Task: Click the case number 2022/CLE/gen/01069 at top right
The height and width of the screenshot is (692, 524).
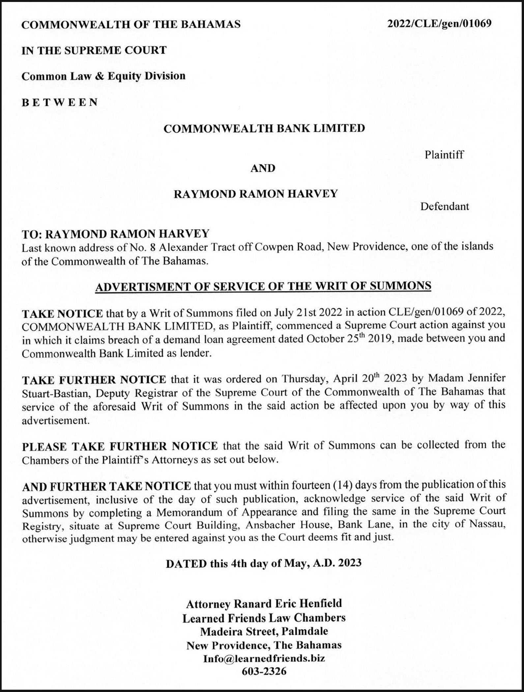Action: pos(439,24)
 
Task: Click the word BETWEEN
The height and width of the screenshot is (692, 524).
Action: pos(60,102)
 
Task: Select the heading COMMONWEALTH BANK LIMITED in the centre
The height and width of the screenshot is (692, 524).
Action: pos(264,128)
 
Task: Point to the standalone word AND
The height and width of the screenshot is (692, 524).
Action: pos(263,168)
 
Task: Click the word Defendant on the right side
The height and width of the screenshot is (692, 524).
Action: pos(444,207)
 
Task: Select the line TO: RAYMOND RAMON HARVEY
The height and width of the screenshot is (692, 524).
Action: pos(115,234)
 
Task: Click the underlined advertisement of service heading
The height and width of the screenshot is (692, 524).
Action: pos(263,286)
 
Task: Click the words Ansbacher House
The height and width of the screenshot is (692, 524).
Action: pos(286,525)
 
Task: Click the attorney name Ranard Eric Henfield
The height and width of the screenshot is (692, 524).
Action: pos(287,604)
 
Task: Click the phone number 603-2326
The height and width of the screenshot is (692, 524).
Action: pos(264,671)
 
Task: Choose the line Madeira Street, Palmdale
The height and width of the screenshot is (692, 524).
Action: pos(264,631)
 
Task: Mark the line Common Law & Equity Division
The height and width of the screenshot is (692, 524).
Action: pos(103,76)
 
